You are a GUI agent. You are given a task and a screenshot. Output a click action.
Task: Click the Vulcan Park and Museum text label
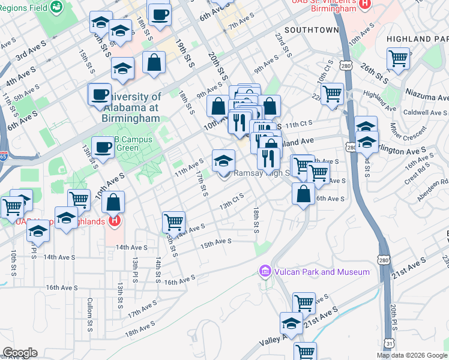(x=322, y=272)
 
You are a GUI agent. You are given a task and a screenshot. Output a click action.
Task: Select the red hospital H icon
(x=115, y=221)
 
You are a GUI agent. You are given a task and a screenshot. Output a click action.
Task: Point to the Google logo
(x=20, y=353)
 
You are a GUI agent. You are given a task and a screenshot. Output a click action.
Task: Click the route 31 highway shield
(x=390, y=343)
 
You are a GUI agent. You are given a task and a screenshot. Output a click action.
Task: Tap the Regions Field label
(x=24, y=7)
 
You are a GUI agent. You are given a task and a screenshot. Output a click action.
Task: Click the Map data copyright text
(x=411, y=355)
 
